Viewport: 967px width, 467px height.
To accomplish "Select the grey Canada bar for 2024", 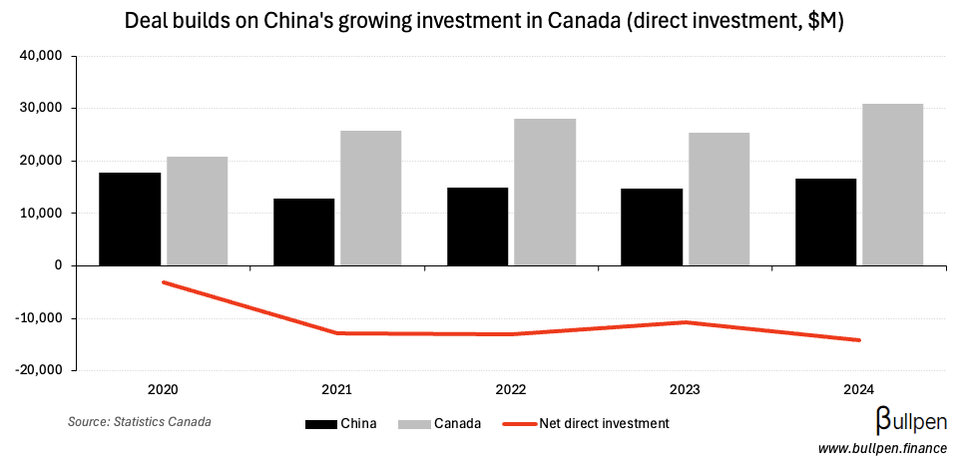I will click(892, 185).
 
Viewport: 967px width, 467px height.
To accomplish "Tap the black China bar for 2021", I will click(303, 232).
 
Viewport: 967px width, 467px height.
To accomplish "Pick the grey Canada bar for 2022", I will click(545, 192).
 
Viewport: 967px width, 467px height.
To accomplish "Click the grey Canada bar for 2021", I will click(370, 198).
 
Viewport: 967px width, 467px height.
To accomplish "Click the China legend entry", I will click(340, 424).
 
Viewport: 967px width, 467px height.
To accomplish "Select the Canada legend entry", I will click(439, 424).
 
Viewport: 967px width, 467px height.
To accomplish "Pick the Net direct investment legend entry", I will click(590, 424).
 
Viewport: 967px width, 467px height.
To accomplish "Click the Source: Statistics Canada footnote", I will click(140, 422).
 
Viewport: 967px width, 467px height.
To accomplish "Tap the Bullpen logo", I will click(911, 420).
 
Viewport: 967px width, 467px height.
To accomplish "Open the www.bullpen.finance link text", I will click(881, 450).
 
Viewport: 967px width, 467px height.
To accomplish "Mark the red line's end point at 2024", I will click(859, 340).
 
